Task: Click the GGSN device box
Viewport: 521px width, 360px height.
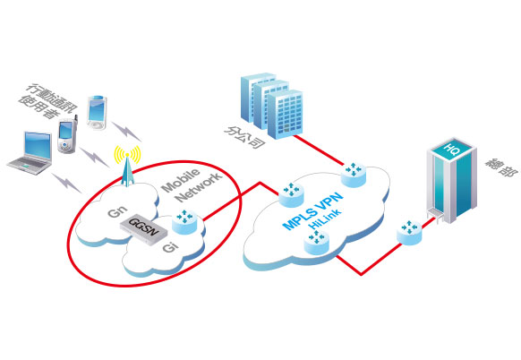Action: tap(143, 229)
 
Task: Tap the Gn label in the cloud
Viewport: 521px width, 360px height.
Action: tap(117, 211)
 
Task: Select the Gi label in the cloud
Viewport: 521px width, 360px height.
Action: tap(170, 246)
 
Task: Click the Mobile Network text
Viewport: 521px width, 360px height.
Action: tap(192, 185)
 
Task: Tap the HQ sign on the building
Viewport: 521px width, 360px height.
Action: tap(452, 148)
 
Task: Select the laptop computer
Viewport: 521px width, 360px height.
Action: tap(31, 152)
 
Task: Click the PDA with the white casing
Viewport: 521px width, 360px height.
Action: tap(97, 113)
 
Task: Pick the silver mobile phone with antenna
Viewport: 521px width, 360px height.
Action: tap(67, 135)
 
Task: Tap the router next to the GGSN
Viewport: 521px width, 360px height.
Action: tap(184, 222)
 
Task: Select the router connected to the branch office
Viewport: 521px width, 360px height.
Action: tap(354, 175)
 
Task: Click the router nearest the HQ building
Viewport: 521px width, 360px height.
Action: tap(409, 232)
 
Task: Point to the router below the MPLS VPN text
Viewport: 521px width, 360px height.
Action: tap(317, 243)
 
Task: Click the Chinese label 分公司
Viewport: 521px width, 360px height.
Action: tap(245, 137)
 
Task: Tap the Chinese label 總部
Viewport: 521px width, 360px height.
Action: tap(501, 167)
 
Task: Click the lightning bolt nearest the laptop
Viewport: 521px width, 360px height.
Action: tap(66, 183)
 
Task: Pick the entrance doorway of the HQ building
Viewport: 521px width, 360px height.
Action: tap(435, 215)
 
